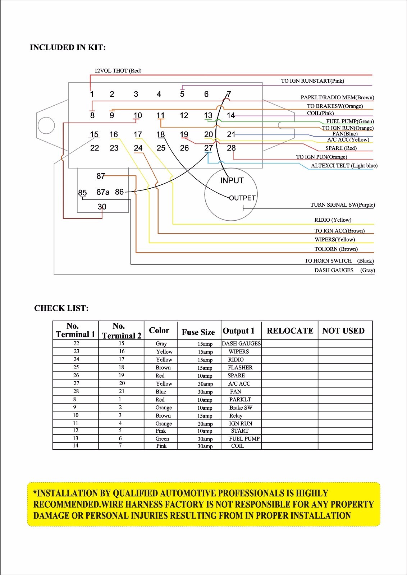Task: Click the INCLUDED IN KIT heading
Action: [x=68, y=47]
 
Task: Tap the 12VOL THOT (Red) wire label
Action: [x=118, y=71]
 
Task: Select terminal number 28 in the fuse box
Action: [x=231, y=148]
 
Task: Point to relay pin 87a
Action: [x=103, y=192]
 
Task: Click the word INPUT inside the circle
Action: [x=232, y=181]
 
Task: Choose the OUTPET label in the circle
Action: [x=242, y=198]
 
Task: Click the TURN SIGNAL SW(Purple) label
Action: [x=342, y=205]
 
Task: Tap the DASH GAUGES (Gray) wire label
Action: [x=344, y=270]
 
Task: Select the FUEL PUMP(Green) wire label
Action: [x=350, y=121]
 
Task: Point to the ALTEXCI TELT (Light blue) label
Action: [x=344, y=166]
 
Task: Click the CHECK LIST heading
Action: [x=61, y=308]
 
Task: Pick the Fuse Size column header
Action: [x=198, y=332]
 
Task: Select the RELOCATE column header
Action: [x=290, y=331]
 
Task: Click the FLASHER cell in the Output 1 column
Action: [x=240, y=368]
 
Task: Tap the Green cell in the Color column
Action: [x=162, y=439]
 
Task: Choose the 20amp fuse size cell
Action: [x=205, y=424]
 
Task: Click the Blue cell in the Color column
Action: [x=161, y=392]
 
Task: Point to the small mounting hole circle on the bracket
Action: [x=46, y=126]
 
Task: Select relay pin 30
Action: [x=102, y=207]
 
